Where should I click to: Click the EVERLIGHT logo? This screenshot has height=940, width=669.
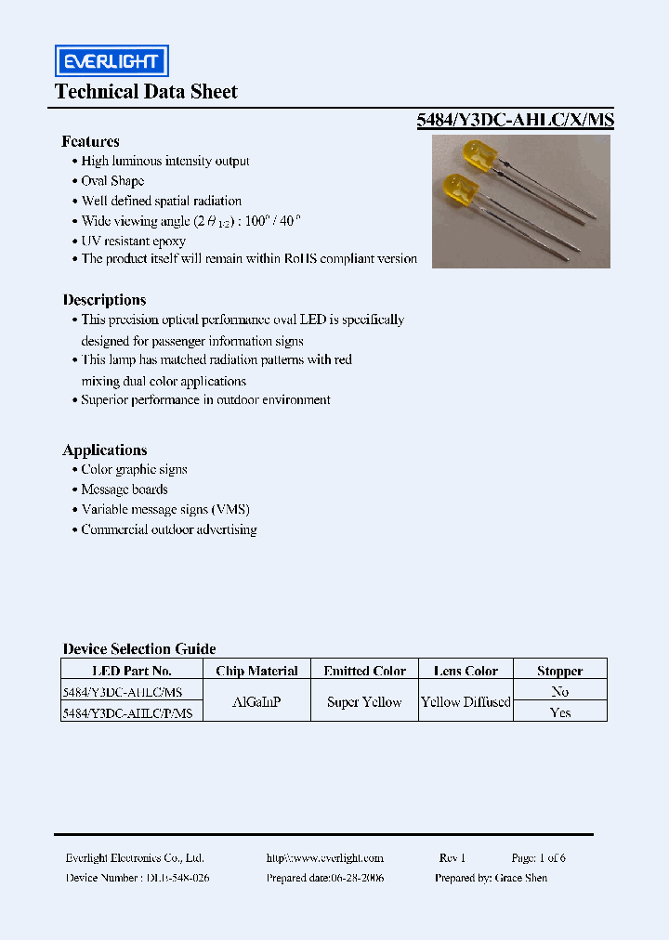point(111,62)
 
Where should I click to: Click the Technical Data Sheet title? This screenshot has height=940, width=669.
point(146,92)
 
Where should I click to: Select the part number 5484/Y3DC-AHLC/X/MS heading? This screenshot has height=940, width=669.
point(514,120)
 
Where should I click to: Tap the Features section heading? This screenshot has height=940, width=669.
point(90,141)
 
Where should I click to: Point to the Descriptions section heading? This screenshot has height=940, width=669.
point(104,300)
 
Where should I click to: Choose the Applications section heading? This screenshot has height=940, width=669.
point(104,450)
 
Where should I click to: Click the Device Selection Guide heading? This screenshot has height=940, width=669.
point(138,649)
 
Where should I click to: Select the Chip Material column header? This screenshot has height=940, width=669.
point(256,671)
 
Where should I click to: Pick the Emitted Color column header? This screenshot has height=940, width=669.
point(364,671)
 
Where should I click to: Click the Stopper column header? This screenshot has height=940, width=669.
point(559,671)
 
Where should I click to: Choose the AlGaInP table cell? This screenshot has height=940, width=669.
point(256,702)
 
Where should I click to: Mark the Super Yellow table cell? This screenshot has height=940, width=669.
point(364,702)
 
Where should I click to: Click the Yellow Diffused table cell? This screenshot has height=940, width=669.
point(466,702)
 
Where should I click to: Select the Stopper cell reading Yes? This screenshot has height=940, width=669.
point(559,712)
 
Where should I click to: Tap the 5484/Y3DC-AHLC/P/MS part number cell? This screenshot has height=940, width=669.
point(127,712)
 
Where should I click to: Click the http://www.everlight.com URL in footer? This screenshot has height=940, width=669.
point(324,858)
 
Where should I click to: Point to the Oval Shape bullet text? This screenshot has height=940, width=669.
point(112,181)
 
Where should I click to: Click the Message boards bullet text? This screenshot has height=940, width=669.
point(124,490)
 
